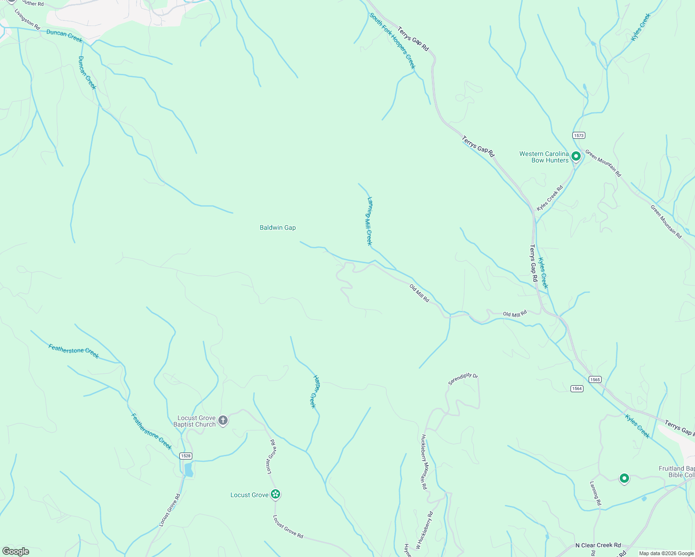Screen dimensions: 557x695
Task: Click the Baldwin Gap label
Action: pyautogui.click(x=277, y=227)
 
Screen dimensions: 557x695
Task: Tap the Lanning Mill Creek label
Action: pyautogui.click(x=370, y=221)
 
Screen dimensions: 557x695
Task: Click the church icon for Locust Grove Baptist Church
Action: pyautogui.click(x=223, y=421)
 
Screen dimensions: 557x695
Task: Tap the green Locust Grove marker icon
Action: pyautogui.click(x=276, y=494)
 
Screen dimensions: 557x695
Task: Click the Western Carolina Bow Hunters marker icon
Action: pyautogui.click(x=576, y=156)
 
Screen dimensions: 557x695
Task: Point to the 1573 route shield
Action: pyautogui.click(x=578, y=136)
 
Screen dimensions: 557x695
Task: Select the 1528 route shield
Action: pyautogui.click(x=186, y=456)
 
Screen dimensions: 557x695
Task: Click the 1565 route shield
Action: pyautogui.click(x=595, y=379)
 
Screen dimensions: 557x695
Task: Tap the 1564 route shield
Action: pyautogui.click(x=577, y=389)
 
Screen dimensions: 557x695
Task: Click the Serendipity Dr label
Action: pyautogui.click(x=463, y=379)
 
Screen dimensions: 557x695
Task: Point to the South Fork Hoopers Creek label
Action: pyautogui.click(x=393, y=40)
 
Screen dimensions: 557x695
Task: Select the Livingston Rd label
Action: pyautogui.click(x=27, y=19)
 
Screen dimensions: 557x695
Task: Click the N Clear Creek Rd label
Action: pyautogui.click(x=598, y=545)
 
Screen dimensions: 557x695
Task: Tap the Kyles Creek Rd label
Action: pyautogui.click(x=550, y=198)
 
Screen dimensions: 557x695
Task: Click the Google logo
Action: pyautogui.click(x=16, y=551)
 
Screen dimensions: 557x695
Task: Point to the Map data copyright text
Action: pyautogui.click(x=666, y=553)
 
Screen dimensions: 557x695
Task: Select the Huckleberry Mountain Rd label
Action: pyautogui.click(x=424, y=462)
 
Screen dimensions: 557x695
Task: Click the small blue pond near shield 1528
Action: pyautogui.click(x=189, y=470)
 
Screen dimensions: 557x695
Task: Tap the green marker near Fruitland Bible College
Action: pyautogui.click(x=624, y=478)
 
